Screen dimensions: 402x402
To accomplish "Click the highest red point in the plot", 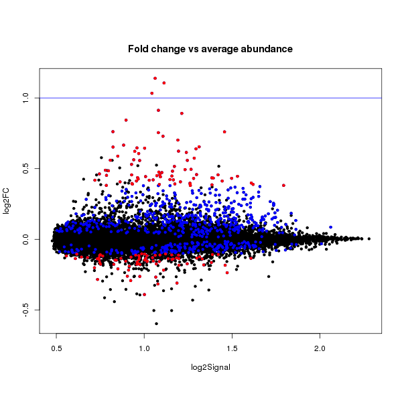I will coord(155,78).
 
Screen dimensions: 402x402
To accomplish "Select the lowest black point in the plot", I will coord(156,324).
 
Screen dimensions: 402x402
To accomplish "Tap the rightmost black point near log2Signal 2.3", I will coord(369,239).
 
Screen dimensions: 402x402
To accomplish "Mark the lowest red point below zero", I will coord(144,294).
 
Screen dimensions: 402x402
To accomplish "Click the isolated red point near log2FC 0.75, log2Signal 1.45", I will coord(224,132).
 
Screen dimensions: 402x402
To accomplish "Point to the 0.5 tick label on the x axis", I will coord(56,348).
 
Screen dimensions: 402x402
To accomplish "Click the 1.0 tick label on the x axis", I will coord(144,348).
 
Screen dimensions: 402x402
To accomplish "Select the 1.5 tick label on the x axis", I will coord(232,348).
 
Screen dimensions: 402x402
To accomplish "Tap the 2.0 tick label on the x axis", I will coord(320,348).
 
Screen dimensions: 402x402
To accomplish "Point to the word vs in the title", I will coord(188,50).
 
